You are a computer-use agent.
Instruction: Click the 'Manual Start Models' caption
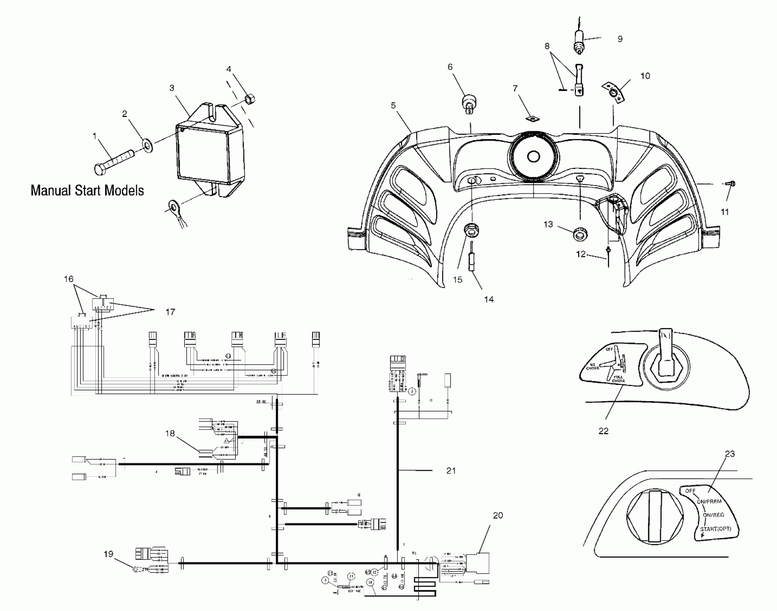[87, 190]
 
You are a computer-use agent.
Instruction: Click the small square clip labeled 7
[533, 118]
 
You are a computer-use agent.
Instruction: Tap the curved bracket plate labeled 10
[613, 93]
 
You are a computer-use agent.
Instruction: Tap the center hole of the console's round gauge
[533, 157]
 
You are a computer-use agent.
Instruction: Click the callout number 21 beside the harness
[451, 470]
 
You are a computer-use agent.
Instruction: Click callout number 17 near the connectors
[170, 312]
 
